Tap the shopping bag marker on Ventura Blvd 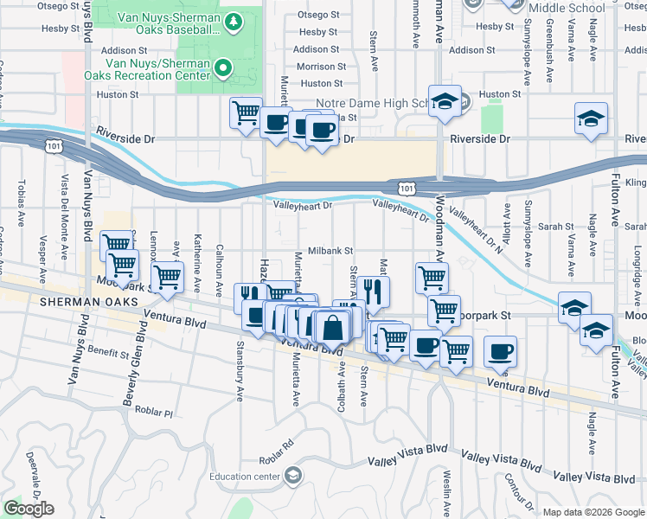pos(332,329)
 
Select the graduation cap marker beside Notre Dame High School pos(445,102)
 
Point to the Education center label pos(244,476)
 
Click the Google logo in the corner pos(29,509)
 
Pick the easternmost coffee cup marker pos(500,353)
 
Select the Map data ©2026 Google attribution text pos(593,512)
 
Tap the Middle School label pos(566,8)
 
